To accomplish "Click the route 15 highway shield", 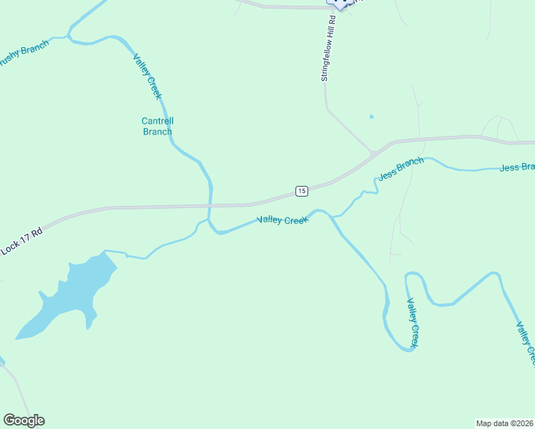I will [x=302, y=191].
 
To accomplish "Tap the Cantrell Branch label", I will [x=157, y=126].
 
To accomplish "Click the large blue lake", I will [x=68, y=297].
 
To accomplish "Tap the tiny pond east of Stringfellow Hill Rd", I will [x=371, y=117].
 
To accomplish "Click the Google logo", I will [x=24, y=420].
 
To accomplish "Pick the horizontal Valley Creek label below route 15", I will [x=282, y=220].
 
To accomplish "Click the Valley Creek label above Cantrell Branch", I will [x=149, y=77].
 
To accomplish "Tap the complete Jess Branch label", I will [x=401, y=169].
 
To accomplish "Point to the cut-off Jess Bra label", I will [x=516, y=167].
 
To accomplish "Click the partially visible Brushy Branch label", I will [x=23, y=55].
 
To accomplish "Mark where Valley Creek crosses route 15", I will [x=209, y=206].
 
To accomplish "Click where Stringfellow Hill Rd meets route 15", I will [x=373, y=153].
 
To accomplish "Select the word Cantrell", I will [x=157, y=121].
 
